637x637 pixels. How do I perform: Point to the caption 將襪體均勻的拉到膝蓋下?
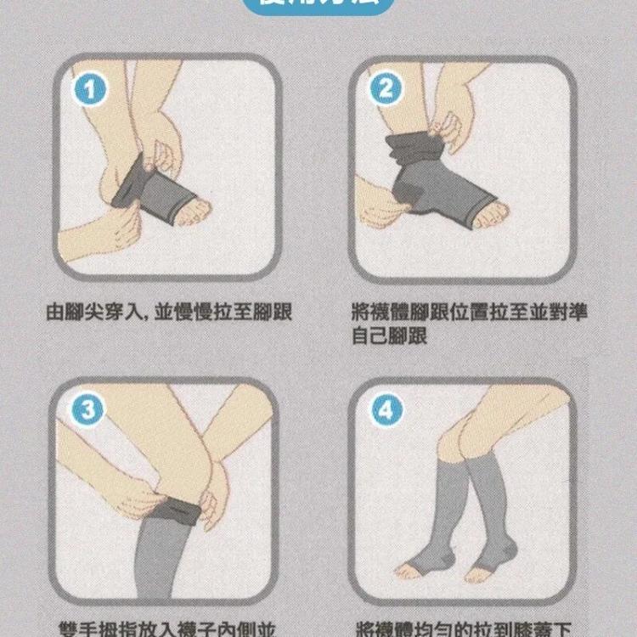pos(463,629)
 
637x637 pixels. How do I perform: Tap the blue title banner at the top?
pos(318,8)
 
